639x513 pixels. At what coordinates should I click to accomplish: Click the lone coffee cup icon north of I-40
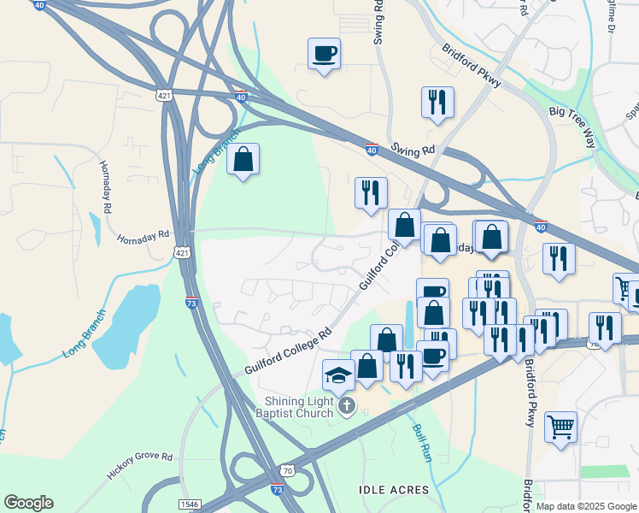[x=324, y=54]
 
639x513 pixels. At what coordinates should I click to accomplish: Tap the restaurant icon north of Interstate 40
[x=437, y=103]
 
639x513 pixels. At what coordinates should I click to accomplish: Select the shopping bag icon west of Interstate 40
[x=243, y=159]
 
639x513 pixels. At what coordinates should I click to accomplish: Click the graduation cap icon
[x=338, y=375]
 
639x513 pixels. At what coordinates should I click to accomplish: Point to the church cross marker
[x=346, y=405]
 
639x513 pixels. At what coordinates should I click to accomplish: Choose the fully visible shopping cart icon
[x=560, y=427]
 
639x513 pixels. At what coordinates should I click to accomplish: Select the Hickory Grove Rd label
[x=138, y=467]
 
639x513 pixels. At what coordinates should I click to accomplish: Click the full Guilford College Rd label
[x=288, y=352]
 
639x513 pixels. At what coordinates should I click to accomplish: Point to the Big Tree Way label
[x=572, y=127]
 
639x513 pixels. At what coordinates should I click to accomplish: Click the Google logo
[x=28, y=503]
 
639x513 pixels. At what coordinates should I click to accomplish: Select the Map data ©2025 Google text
[x=586, y=506]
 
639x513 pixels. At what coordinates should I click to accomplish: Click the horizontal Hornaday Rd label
[x=144, y=236]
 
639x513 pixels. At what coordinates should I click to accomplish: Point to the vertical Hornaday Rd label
[x=106, y=187]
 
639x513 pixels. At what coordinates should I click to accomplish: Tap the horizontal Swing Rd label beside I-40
[x=414, y=150]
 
